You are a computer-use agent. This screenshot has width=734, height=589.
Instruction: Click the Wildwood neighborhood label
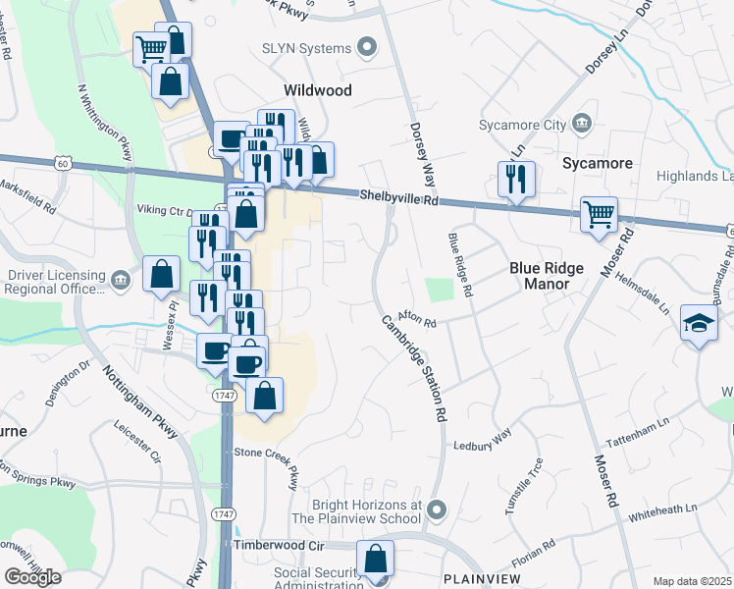click(317, 89)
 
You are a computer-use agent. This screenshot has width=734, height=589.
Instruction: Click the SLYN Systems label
click(306, 48)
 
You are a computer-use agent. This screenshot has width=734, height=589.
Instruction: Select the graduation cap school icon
click(698, 324)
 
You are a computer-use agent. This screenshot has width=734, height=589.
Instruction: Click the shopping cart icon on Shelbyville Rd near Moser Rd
click(599, 213)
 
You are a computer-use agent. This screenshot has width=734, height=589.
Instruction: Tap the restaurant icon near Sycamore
click(515, 180)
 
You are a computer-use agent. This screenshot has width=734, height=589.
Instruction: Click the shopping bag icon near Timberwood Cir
click(375, 559)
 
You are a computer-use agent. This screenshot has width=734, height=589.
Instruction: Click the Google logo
click(32, 577)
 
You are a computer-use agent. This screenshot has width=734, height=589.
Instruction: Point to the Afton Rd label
click(416, 320)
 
